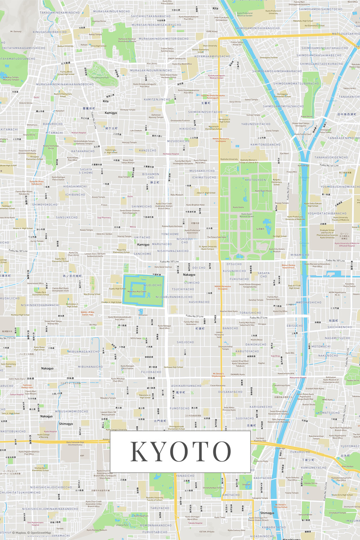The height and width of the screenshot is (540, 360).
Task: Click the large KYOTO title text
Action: [180, 452]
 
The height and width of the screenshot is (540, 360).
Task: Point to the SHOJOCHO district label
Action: [186, 342]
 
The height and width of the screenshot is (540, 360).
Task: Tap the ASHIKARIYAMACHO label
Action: [187, 385]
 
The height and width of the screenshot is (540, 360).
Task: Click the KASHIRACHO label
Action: [199, 302]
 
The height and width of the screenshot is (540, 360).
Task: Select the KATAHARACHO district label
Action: [83, 151]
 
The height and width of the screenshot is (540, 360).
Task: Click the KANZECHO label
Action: [147, 150]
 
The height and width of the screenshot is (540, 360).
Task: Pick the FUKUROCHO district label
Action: [300, 452]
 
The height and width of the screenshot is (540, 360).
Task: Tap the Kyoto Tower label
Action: [220, 518]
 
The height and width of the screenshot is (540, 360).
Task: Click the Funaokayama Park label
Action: [100, 77]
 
